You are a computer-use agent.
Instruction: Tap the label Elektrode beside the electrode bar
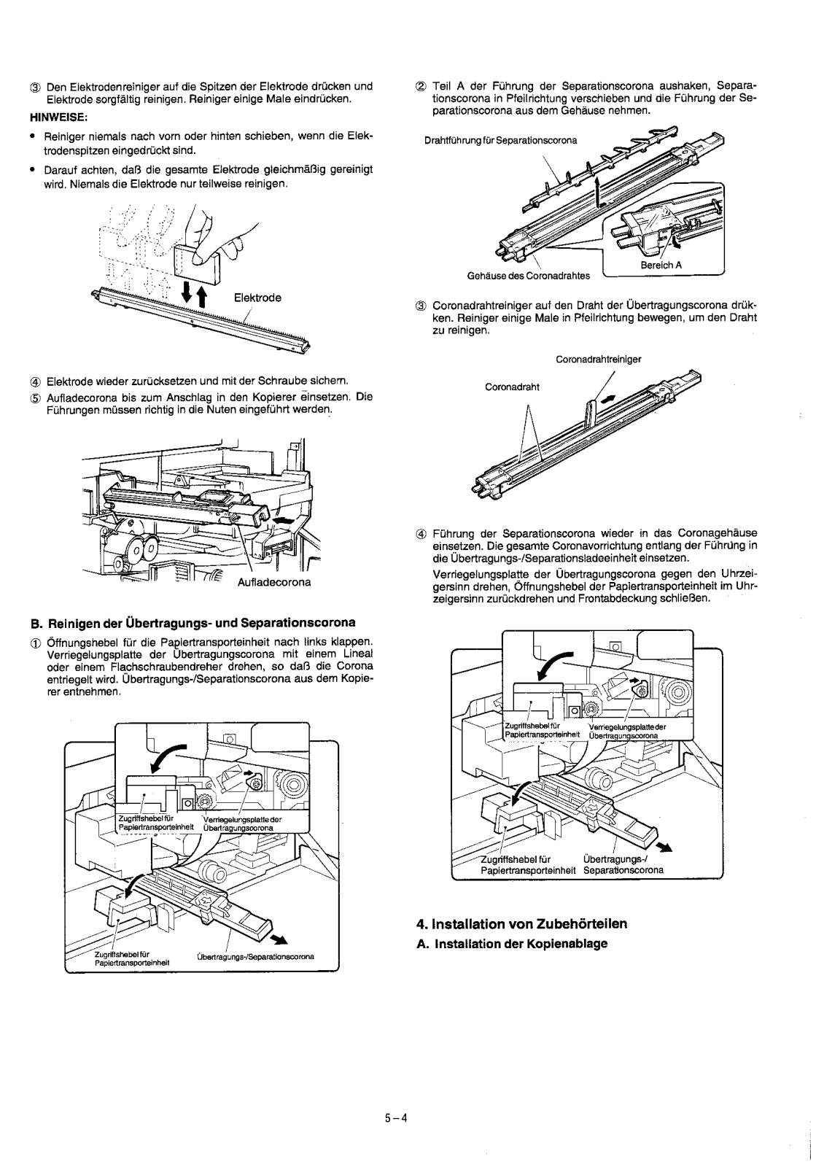[257, 298]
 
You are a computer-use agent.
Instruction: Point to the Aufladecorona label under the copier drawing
[274, 582]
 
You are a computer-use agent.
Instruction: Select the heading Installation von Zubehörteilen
[522, 923]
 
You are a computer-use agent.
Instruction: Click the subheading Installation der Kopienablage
[512, 944]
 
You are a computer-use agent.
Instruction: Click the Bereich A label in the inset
[661, 265]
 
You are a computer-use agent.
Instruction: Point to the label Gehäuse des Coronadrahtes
[529, 276]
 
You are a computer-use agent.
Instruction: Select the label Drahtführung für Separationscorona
[500, 141]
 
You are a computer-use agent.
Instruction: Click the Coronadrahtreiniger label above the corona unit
[599, 360]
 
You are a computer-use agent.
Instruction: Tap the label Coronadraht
[512, 387]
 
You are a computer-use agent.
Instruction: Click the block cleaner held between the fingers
[196, 262]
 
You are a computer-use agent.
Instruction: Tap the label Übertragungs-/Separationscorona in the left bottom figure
[255, 956]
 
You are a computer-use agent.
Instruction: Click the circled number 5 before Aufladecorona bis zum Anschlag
[36, 398]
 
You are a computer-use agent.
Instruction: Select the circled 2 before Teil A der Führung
[421, 86]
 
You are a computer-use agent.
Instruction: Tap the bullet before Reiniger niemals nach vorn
[33, 136]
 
